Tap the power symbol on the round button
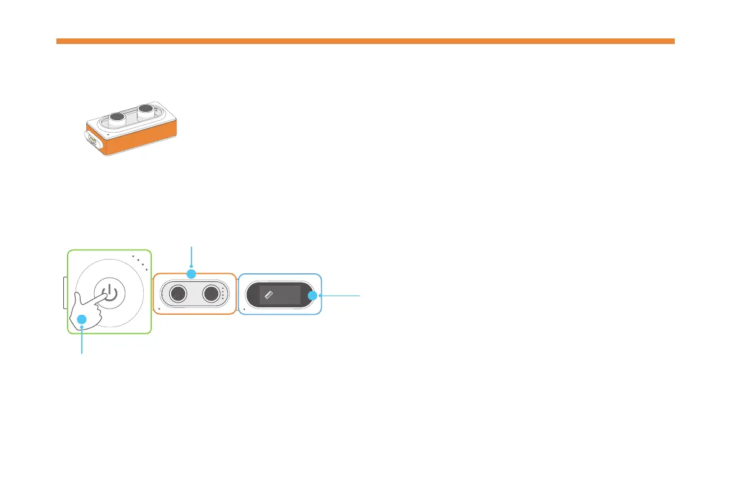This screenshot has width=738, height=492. (x=109, y=292)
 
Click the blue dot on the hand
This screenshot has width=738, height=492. (x=81, y=320)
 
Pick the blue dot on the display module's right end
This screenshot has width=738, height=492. (x=312, y=296)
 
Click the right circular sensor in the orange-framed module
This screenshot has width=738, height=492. (x=211, y=293)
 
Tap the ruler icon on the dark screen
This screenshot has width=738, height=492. (x=269, y=296)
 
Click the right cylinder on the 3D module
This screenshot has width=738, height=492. (x=146, y=110)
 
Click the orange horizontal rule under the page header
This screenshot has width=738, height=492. (x=365, y=42)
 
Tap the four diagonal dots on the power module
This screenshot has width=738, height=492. (x=140, y=261)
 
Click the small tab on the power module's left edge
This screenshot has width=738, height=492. (x=65, y=293)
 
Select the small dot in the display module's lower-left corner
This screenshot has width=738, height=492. (x=244, y=307)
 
